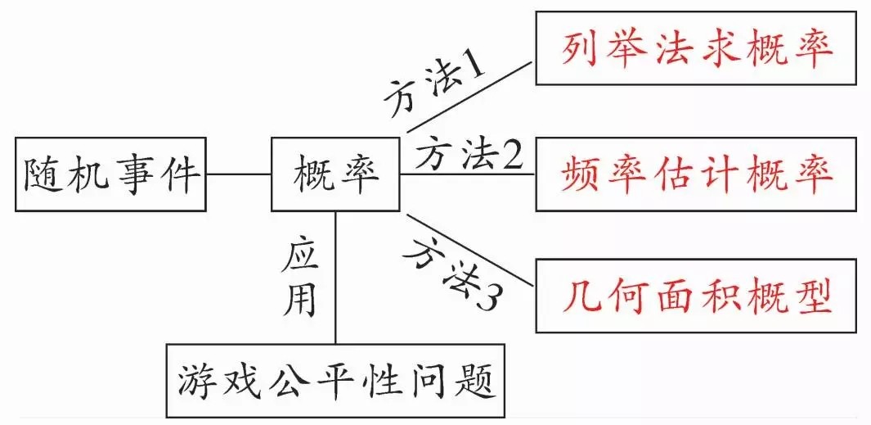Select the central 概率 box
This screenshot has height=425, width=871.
click(336, 174)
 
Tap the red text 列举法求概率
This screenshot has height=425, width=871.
click(697, 48)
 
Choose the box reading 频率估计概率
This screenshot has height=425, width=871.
click(697, 174)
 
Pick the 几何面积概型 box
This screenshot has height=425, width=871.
click(697, 296)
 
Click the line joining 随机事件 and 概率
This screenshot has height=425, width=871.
click(240, 174)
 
